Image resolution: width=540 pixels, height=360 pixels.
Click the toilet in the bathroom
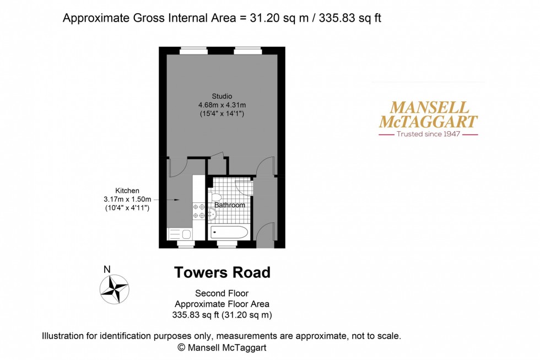click(217, 198)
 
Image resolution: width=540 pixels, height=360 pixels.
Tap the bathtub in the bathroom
click(229, 232)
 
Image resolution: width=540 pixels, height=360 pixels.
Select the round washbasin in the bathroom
click(213, 215)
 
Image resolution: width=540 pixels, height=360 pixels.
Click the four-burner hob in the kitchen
click(198, 212)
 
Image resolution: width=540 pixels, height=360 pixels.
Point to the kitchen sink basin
click(186, 234)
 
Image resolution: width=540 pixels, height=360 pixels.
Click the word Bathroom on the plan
click(230, 205)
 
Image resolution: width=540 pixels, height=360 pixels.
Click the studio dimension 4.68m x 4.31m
click(222, 105)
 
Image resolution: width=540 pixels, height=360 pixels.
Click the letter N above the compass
click(107, 270)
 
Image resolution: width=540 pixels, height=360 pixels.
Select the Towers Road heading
click(222, 272)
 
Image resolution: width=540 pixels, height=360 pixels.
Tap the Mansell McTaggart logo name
click(428, 115)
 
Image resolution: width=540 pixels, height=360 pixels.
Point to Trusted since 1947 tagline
click(429, 134)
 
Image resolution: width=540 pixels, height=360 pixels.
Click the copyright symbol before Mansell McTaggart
click(181, 348)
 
